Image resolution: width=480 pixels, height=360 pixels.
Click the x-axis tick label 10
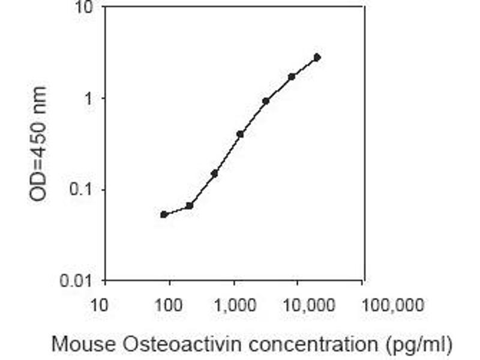(x=99, y=305)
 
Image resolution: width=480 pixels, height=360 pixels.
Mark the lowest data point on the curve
(x=164, y=214)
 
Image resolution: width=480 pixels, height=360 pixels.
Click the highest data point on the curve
(x=317, y=58)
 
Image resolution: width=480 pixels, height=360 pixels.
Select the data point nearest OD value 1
(x=266, y=101)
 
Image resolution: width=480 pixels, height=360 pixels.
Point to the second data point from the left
(x=190, y=206)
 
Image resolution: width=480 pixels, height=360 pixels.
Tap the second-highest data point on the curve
(x=292, y=77)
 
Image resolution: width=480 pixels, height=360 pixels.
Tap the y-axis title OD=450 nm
(x=37, y=144)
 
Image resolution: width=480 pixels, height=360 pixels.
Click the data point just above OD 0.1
(x=214, y=173)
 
